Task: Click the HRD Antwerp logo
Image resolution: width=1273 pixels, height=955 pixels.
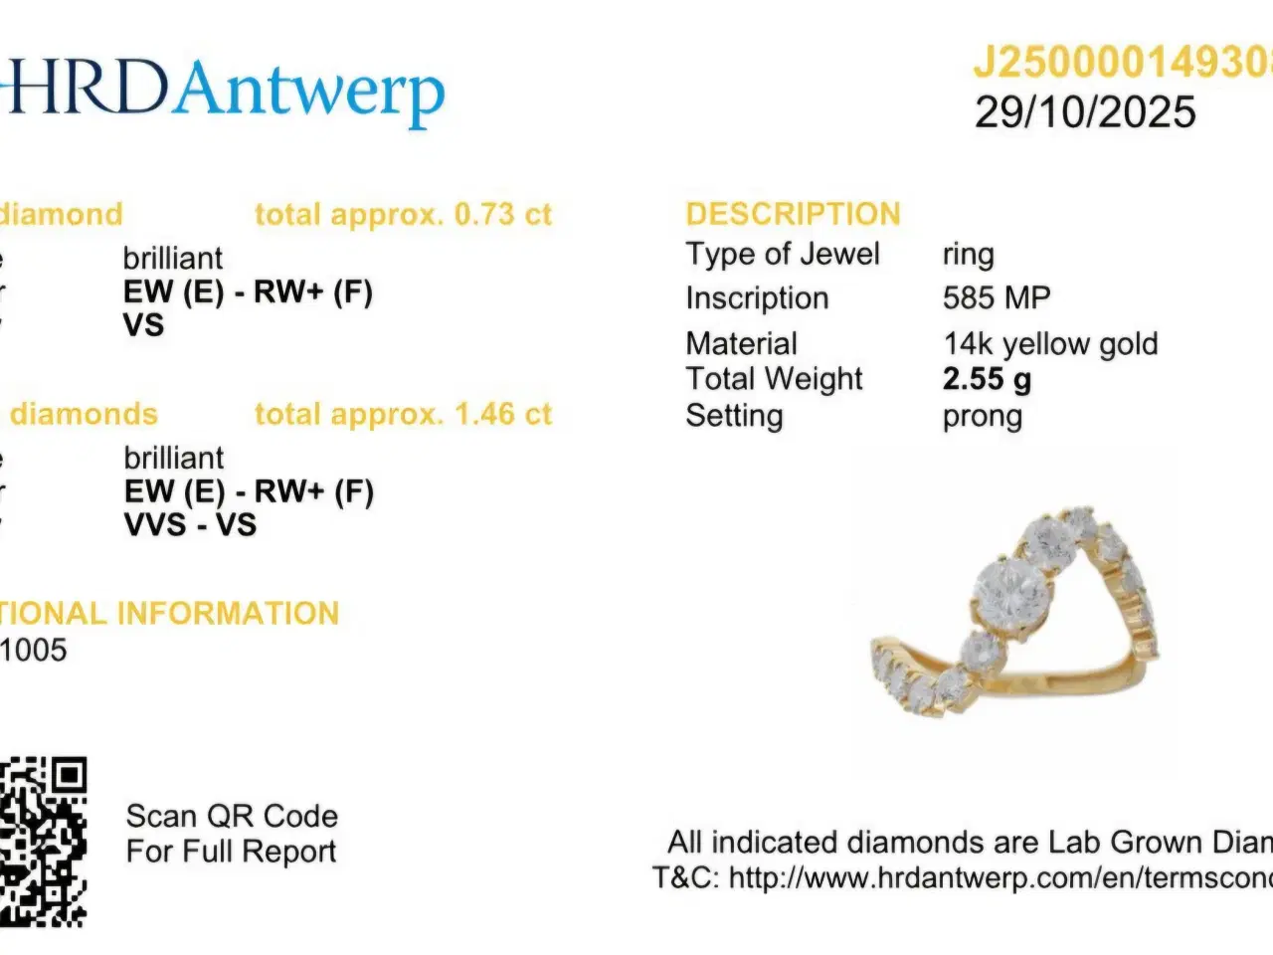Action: tap(224, 91)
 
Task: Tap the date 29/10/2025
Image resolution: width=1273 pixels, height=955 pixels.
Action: tap(1085, 112)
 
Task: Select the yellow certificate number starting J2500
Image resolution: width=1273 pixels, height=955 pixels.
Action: tap(1122, 63)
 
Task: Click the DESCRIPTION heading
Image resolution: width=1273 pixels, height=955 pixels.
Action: tap(793, 214)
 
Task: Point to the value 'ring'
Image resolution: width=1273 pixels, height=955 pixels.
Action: tap(968, 255)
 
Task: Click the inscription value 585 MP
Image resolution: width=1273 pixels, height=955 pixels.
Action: tap(996, 297)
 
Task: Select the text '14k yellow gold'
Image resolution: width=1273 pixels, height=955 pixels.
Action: tap(1050, 343)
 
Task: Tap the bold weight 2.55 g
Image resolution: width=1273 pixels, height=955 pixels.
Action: tap(987, 379)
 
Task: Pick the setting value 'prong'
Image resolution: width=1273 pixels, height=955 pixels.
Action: tap(982, 416)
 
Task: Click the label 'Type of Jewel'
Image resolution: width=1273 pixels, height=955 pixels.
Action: tap(783, 255)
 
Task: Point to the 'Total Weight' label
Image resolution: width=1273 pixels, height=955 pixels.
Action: tap(774, 379)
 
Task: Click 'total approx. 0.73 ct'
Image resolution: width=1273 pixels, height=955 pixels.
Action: tap(403, 214)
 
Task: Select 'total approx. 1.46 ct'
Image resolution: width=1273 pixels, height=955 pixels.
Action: tap(403, 414)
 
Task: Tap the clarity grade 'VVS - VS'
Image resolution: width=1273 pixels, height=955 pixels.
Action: tap(190, 524)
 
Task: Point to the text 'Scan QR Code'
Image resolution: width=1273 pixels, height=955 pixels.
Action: tap(232, 817)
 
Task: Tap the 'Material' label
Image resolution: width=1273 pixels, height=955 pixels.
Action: tap(741, 343)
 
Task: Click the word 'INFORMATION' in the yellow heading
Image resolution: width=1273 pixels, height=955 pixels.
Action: tap(228, 613)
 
